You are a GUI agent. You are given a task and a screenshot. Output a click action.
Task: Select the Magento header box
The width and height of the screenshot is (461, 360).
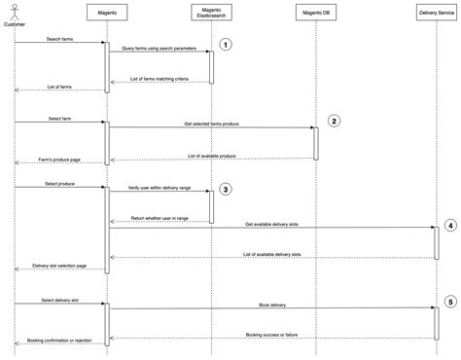pyautogui.click(x=107, y=14)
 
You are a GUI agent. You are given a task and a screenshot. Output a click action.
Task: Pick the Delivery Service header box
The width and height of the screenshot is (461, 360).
pyautogui.click(x=434, y=14)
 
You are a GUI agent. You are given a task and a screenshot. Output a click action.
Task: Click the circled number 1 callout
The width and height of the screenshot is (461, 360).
pyautogui.click(x=226, y=45)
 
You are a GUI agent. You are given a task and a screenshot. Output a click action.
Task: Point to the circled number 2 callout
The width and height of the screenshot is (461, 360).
pyautogui.click(x=334, y=122)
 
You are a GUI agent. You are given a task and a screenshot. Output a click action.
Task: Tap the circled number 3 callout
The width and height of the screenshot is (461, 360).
pyautogui.click(x=226, y=189)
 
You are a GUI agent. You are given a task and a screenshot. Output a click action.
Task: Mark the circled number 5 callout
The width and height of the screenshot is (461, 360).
pyautogui.click(x=449, y=303)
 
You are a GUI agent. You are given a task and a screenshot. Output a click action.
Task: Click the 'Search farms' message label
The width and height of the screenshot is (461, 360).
pyautogui.click(x=59, y=40)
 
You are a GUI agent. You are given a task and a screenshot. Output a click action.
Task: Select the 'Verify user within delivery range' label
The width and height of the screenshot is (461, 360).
pyautogui.click(x=159, y=191)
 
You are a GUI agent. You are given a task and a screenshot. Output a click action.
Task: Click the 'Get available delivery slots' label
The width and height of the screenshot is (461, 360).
pyautogui.click(x=272, y=224)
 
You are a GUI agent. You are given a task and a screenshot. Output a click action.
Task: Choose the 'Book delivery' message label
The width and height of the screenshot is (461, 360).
pyautogui.click(x=272, y=305)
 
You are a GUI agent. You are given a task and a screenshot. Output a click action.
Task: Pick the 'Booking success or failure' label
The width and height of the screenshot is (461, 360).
pyautogui.click(x=272, y=334)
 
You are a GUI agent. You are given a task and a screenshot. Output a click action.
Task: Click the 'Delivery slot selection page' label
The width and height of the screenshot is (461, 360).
pyautogui.click(x=59, y=265)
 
